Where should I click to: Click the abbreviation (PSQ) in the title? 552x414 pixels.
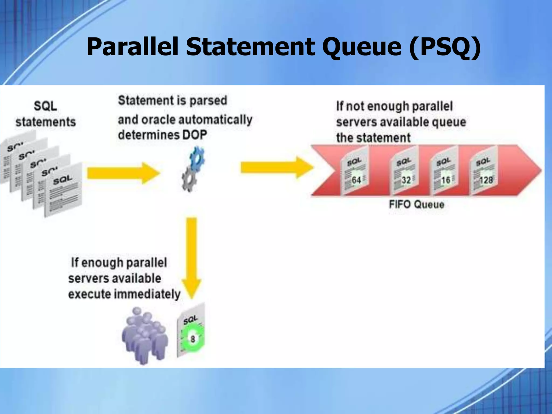[x=445, y=47]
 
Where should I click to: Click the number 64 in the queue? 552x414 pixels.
[x=356, y=180]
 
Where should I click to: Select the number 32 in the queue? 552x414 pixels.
[x=406, y=180]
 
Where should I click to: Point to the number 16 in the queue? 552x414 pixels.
[x=446, y=180]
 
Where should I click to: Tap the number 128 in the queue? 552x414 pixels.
[x=486, y=180]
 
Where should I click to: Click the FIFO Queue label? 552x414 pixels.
[x=416, y=204]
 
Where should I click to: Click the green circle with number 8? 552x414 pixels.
[x=193, y=339]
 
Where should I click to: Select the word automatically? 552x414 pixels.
[x=216, y=119]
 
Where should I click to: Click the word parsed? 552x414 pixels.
[x=208, y=101]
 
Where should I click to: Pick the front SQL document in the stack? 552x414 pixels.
[x=64, y=190]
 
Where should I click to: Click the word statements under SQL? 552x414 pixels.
[x=46, y=122]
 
